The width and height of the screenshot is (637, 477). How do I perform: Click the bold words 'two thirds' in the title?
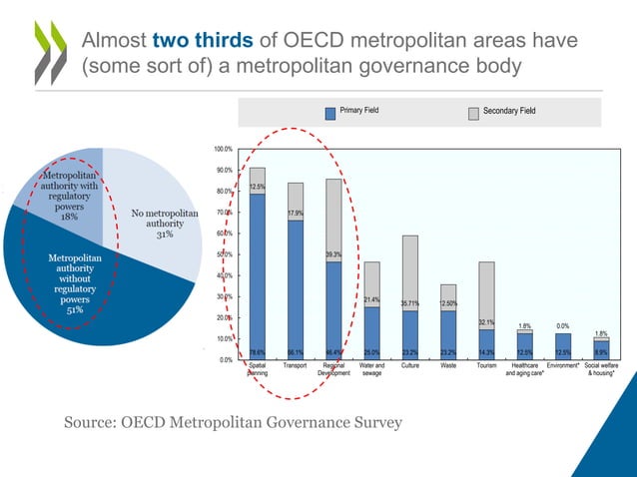(204, 41)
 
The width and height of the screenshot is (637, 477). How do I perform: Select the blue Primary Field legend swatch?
(330, 113)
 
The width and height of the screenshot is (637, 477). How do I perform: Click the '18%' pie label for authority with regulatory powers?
(69, 216)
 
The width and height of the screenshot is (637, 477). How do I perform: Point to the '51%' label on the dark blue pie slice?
(69, 309)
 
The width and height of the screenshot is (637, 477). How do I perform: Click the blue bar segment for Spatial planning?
(258, 269)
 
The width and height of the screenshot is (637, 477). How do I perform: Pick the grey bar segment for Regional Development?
(333, 221)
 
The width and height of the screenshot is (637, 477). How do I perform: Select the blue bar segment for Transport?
(296, 284)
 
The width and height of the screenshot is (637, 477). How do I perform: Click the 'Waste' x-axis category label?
(447, 366)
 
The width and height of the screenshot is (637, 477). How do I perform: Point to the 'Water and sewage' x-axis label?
(371, 370)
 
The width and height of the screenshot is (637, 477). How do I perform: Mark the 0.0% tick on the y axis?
(225, 359)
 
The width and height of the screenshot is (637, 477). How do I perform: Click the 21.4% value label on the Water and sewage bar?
(371, 299)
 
